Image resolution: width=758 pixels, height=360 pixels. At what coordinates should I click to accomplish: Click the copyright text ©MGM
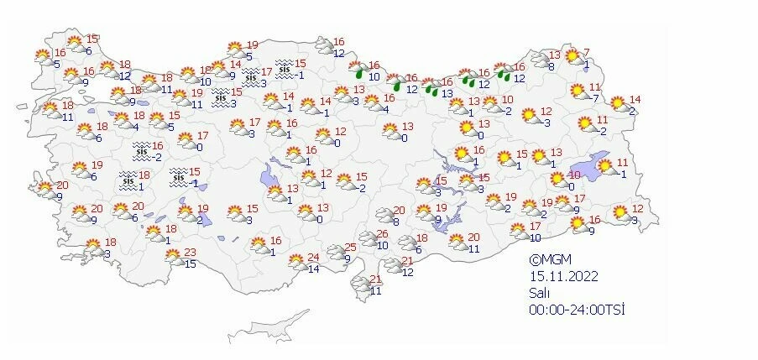coord(548,261)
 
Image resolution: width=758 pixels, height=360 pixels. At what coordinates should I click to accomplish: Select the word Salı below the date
coord(538,292)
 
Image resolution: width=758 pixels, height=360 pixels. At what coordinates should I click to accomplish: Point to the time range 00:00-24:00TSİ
coord(578,309)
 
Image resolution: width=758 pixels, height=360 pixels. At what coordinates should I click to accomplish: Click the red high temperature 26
coord(382,234)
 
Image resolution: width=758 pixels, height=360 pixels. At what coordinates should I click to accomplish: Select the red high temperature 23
coord(190,253)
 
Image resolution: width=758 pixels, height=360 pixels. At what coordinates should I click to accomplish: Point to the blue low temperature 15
coord(190,264)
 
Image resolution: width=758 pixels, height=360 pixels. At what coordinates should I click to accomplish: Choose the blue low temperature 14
coord(313,269)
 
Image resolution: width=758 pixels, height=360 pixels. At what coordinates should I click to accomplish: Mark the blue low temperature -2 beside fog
coord(156,157)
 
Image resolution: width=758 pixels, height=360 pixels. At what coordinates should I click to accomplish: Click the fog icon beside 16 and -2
coord(140,150)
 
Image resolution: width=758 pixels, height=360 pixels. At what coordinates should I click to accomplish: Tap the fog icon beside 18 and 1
coord(128,180)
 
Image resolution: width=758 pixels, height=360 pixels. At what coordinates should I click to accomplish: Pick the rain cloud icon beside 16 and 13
coord(431,86)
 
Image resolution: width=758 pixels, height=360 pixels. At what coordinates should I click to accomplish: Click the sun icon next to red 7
coord(572,57)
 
